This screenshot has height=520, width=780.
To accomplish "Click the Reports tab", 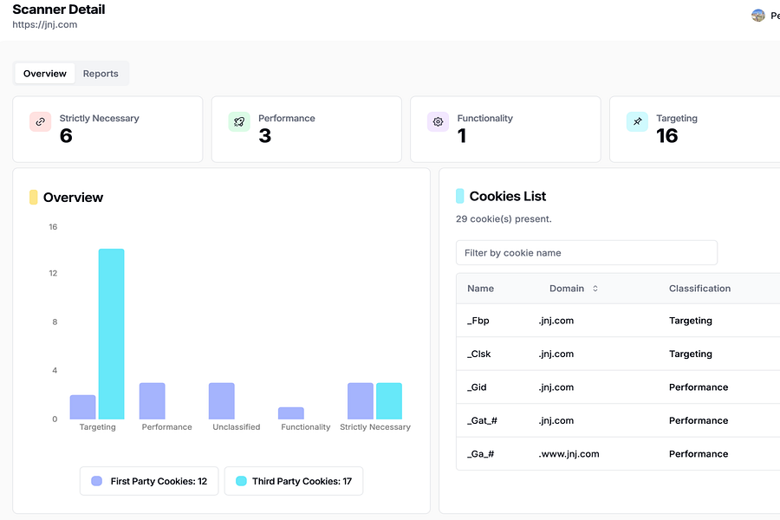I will [x=101, y=74].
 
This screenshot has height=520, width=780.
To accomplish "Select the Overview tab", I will [x=45, y=74].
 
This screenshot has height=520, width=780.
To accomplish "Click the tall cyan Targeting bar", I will [x=111, y=334].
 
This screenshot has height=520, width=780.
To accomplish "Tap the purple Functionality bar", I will [x=291, y=413].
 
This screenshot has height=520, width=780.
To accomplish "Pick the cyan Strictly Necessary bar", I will [x=389, y=401].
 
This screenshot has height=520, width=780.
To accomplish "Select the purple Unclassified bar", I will [x=222, y=401].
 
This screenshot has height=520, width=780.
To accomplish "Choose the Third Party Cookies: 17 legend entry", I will [x=293, y=481].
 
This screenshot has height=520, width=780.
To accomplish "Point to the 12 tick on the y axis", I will [x=53, y=273].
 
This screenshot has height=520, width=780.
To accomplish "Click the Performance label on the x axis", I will [x=166, y=427].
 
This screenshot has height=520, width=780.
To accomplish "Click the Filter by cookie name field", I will [x=586, y=253].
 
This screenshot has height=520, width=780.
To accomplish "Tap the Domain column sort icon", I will [x=595, y=289].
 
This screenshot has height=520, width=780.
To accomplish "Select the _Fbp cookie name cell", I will [x=478, y=321].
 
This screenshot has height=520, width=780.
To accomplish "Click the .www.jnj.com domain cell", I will [x=569, y=454].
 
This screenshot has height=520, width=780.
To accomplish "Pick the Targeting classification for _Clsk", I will [x=691, y=354].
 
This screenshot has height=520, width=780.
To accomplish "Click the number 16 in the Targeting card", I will [x=667, y=136].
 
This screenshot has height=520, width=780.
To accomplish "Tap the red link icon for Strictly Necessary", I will [x=41, y=122].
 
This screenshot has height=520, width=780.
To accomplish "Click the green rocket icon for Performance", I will [x=239, y=122].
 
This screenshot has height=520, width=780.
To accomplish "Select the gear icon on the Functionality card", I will [x=439, y=122].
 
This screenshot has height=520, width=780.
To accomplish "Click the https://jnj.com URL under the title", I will [x=45, y=25].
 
